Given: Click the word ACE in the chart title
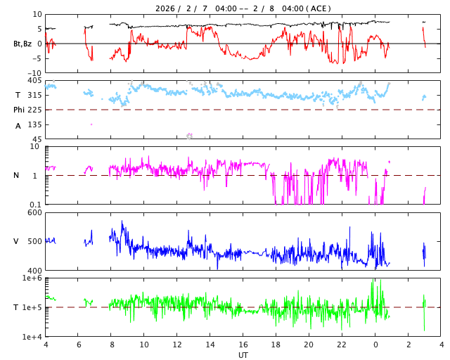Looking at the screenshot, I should (x=319, y=8).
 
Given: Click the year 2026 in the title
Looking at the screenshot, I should (x=167, y=8).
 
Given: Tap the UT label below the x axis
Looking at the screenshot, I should (x=243, y=355).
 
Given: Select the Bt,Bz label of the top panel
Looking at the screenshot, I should (x=22, y=44).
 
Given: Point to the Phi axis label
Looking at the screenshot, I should (x=19, y=110).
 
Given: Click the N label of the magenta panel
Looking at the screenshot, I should (x=17, y=176).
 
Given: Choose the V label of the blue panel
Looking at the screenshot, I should (x=16, y=242).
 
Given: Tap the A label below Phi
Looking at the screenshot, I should (x=18, y=126).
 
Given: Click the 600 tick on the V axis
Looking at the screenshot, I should (x=34, y=213).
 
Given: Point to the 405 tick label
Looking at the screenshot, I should (x=34, y=81).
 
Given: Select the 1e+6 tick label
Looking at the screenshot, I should (x=32, y=279).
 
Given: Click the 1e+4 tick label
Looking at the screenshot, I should (x=32, y=337).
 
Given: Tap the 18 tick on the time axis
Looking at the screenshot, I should (x=276, y=345).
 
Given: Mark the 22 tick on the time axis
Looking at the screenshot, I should (x=342, y=345).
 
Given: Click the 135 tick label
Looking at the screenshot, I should (x=34, y=124).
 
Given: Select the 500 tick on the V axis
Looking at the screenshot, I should (x=34, y=242).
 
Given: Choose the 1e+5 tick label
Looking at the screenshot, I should (x=32, y=308).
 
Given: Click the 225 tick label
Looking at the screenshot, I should (x=34, y=110).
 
